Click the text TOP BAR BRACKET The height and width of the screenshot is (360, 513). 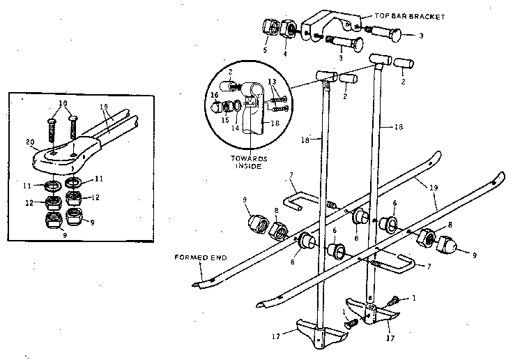404,15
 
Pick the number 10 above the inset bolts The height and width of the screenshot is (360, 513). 63,103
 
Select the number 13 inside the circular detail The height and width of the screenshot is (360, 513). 273,82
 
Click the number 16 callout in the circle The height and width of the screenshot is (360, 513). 215,96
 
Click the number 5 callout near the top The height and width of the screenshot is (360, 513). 266,50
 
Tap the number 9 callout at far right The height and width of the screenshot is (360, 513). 474,255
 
